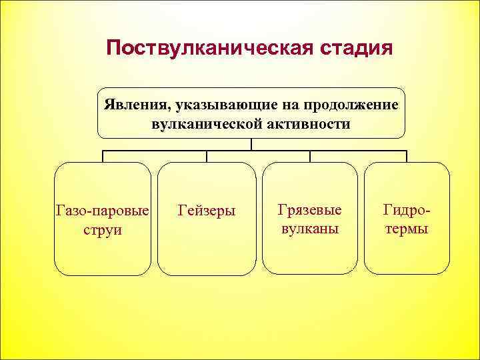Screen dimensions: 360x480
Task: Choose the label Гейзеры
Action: coord(207,211)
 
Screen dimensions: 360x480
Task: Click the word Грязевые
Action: coord(309,210)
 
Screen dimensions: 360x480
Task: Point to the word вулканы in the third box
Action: coord(309,228)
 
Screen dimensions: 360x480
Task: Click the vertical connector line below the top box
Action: coord(251,145)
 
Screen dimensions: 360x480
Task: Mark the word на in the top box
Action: coord(287,105)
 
